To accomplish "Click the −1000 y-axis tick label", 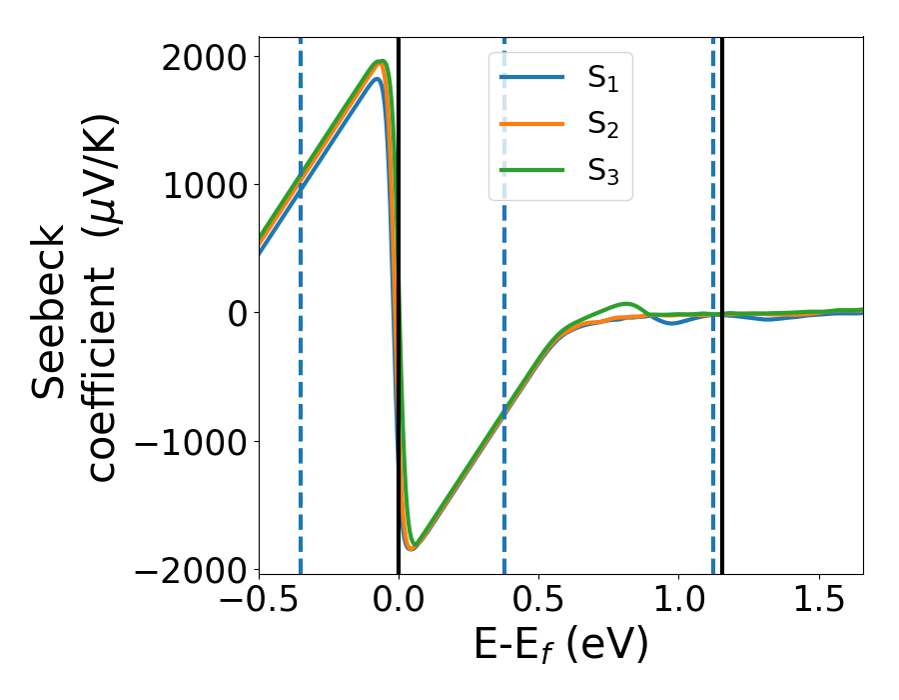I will pyautogui.click(x=194, y=441).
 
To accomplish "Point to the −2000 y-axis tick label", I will pyautogui.click(x=194, y=569).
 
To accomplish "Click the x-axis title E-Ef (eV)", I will pyautogui.click(x=560, y=645).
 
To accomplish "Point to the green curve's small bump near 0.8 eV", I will pyautogui.click(x=626, y=304).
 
